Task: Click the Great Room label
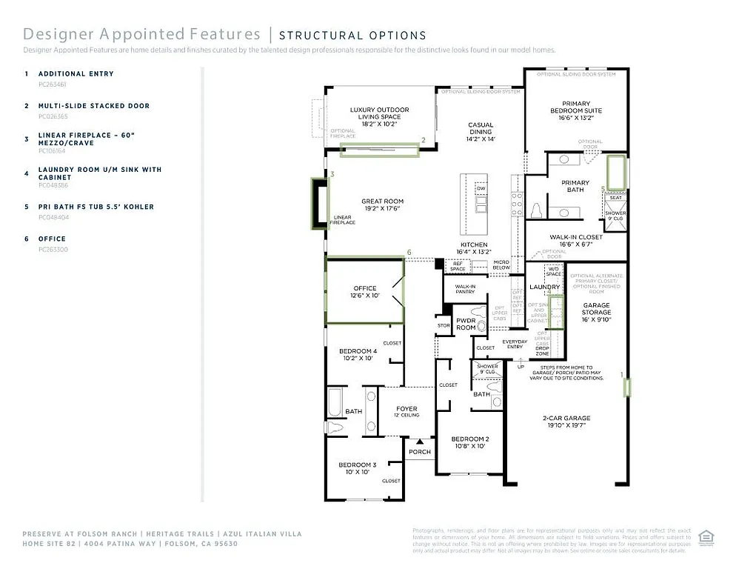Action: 382,204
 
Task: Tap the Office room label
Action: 365,292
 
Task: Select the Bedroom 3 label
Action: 358,468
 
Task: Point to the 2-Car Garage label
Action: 566,422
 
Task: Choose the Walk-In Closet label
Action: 575,240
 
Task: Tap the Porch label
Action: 420,451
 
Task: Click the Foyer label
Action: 407,411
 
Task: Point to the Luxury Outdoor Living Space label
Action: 379,116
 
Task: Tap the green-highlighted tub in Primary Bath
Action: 616,171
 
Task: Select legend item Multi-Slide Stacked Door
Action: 94,106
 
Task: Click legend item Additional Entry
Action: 76,74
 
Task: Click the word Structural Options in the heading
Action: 352,35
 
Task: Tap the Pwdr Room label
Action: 466,324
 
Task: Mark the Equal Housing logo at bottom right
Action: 706,538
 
